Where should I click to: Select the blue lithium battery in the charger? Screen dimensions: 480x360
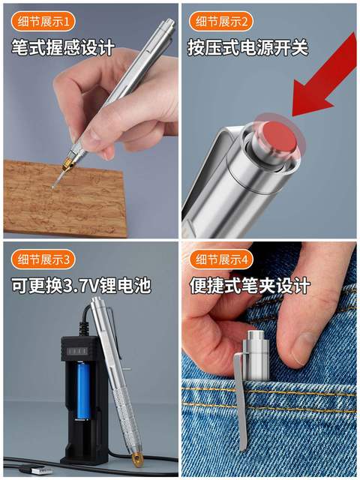85,390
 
